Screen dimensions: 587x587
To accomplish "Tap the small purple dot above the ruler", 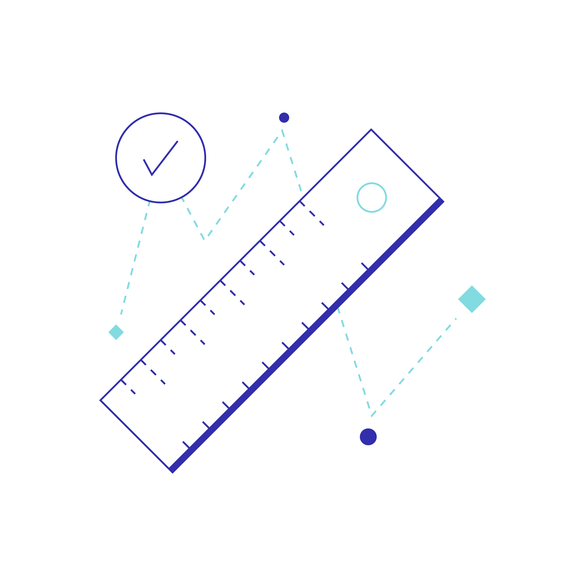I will [x=284, y=118].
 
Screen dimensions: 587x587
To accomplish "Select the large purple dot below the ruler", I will [x=368, y=437].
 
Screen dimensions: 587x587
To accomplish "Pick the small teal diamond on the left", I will [x=116, y=332].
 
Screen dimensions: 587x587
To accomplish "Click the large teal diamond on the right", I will [x=472, y=299].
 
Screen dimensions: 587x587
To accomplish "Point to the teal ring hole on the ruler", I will [x=372, y=198].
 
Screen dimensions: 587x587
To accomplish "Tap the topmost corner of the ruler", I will [x=371, y=130].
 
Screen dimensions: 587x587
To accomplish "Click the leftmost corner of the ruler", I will [x=101, y=400].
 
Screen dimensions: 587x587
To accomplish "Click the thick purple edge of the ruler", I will [x=307, y=336].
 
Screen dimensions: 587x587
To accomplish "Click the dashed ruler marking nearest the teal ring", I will [x=312, y=213].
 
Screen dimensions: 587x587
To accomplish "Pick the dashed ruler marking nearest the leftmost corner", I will [x=128, y=387].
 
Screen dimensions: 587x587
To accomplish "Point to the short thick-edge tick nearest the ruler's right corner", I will [x=365, y=266].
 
